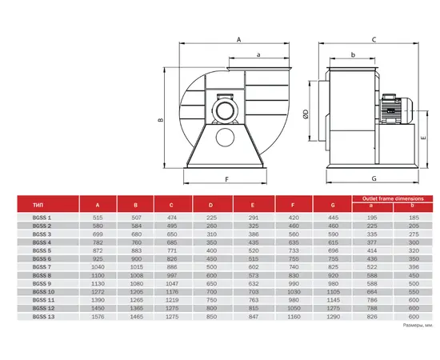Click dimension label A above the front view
(239, 39)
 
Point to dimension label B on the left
(161, 120)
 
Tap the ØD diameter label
(306, 114)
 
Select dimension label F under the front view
(227, 179)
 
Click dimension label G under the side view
(374, 178)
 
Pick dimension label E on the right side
(423, 138)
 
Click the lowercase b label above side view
(353, 54)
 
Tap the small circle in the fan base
(225, 138)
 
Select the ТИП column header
(38, 205)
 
